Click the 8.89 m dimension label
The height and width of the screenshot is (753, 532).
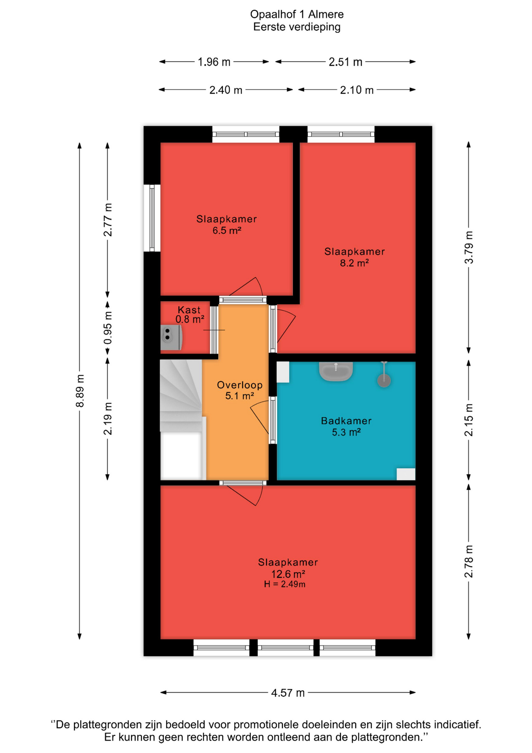click(x=80, y=391)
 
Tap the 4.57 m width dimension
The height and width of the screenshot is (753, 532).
click(x=288, y=693)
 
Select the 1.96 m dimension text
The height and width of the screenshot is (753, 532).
click(x=214, y=62)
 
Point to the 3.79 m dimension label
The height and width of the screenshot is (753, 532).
click(x=469, y=247)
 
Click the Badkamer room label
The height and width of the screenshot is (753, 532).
click(x=346, y=421)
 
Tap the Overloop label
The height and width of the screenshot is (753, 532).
click(x=240, y=385)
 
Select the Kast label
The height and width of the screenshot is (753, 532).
click(x=189, y=310)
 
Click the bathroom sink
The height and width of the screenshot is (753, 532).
click(x=336, y=371)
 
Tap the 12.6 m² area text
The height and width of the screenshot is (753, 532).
click(x=288, y=574)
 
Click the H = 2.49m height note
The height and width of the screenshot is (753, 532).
click(x=285, y=584)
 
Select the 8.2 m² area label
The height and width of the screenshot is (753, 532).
click(x=354, y=263)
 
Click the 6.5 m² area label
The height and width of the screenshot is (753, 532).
click(x=227, y=230)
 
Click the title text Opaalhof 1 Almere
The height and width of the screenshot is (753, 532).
click(x=297, y=15)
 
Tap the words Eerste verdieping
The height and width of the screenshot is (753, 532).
click(x=297, y=27)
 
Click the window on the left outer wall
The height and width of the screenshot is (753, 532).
click(x=152, y=218)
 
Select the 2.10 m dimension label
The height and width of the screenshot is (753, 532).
click(x=357, y=90)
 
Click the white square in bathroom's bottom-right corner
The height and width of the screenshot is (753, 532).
click(x=406, y=474)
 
